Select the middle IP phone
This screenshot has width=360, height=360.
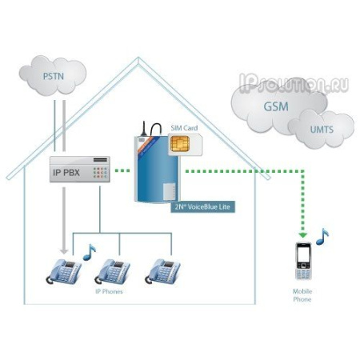click(x=112, y=271)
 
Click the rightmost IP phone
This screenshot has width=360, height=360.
click(x=162, y=271)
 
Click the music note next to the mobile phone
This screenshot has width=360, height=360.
click(x=322, y=237)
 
